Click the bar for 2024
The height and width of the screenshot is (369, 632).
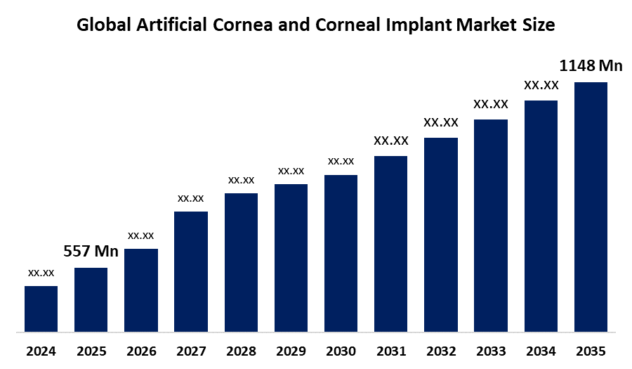(41, 309)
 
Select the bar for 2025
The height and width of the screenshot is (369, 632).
(91, 299)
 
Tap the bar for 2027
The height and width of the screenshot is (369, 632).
(191, 271)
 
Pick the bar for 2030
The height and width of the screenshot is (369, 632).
(341, 253)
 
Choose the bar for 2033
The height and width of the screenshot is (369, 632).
(491, 225)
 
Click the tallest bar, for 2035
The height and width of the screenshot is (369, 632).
(591, 207)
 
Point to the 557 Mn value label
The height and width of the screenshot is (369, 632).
(91, 252)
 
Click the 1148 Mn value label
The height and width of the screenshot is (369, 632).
(591, 66)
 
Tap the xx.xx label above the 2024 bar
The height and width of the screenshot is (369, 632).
(41, 273)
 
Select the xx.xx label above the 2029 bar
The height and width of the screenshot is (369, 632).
(291, 171)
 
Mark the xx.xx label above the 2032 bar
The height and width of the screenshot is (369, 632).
(441, 122)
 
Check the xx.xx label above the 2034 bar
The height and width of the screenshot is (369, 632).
(541, 86)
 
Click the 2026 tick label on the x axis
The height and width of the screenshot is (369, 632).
(141, 351)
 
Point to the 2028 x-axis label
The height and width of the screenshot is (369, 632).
(241, 351)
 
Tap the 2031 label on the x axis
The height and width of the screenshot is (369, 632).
(390, 351)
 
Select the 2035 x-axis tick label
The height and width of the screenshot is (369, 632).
(591, 351)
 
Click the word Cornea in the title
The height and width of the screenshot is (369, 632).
(254, 26)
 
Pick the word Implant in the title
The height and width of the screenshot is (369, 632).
(420, 26)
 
